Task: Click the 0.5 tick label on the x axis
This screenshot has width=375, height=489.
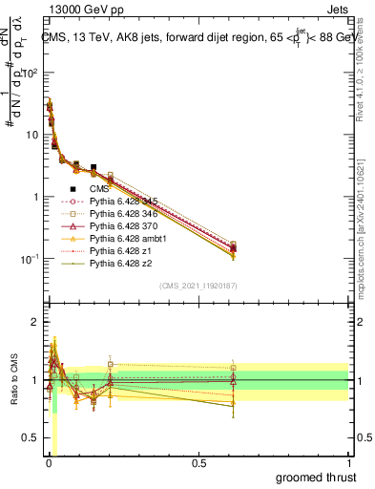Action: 198,462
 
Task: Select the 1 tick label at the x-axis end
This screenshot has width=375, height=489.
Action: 349,462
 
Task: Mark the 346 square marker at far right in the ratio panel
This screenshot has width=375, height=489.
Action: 233,368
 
